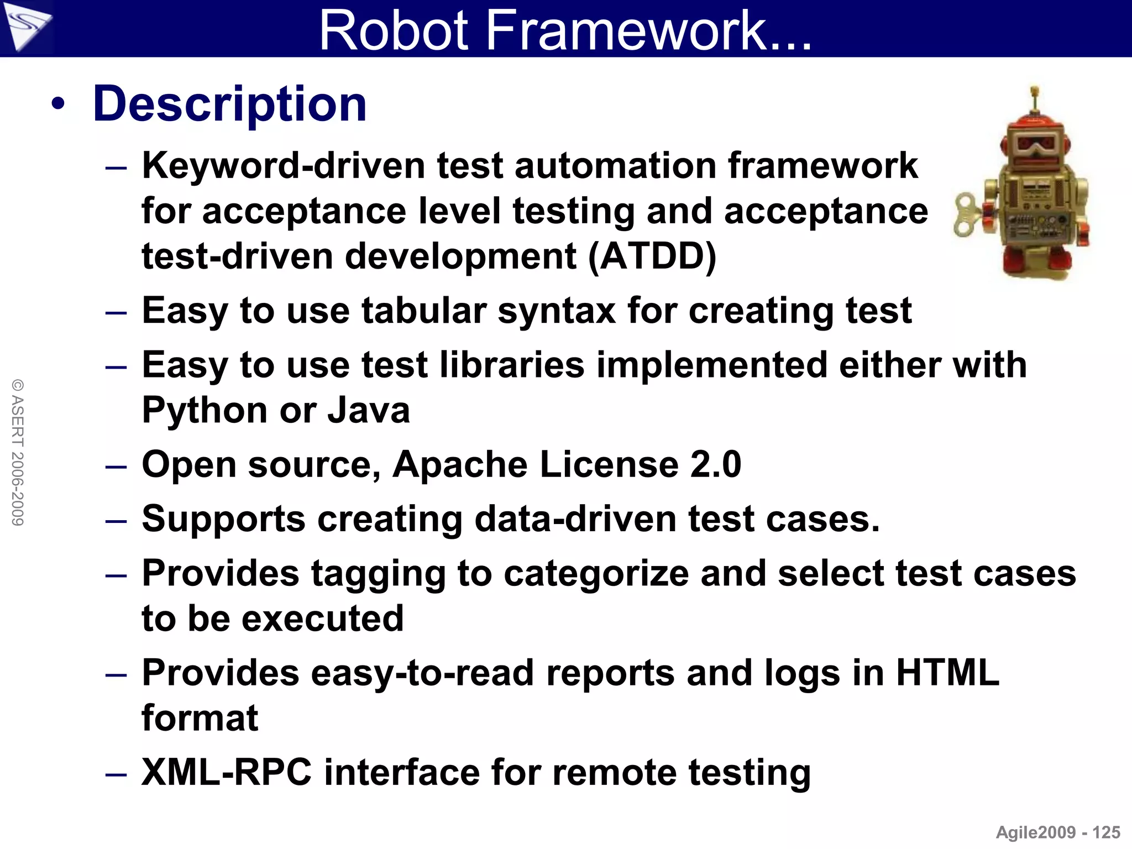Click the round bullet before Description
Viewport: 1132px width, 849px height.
point(58,104)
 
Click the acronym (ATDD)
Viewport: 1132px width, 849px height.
point(652,256)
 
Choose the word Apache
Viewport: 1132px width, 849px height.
point(459,464)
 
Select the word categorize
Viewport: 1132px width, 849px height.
point(596,574)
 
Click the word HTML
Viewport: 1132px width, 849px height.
point(947,673)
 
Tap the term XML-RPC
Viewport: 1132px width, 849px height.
point(227,772)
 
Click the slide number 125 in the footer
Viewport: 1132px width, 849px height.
point(1106,832)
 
